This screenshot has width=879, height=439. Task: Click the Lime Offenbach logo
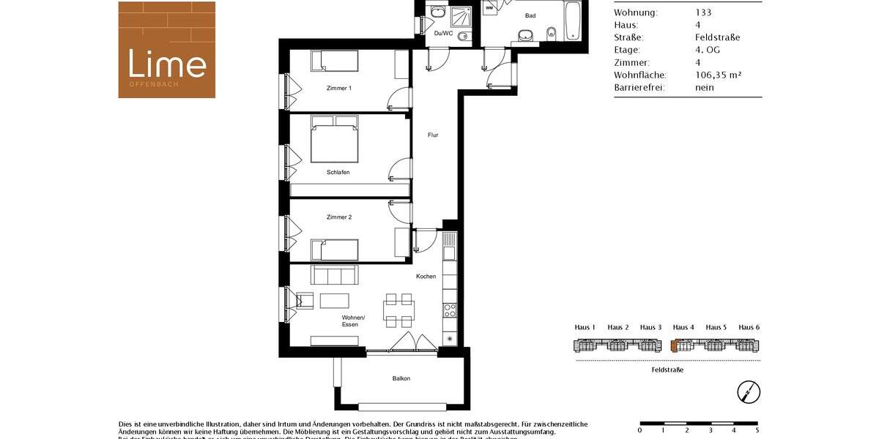pyautogui.click(x=167, y=50)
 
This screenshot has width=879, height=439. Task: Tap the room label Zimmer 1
pyautogui.click(x=339, y=89)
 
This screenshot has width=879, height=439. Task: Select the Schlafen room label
pyautogui.click(x=338, y=172)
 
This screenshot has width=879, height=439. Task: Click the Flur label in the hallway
pyautogui.click(x=434, y=135)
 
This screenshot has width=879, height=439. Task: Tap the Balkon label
pyautogui.click(x=401, y=378)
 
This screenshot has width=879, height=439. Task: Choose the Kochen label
pyautogui.click(x=426, y=277)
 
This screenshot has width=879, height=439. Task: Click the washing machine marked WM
pyautogui.click(x=489, y=8)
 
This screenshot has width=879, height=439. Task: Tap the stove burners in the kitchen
pyautogui.click(x=450, y=310)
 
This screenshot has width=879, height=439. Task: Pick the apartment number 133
pyautogui.click(x=703, y=12)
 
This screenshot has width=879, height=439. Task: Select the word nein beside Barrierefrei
pyautogui.click(x=704, y=87)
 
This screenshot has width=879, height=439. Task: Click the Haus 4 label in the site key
pyautogui.click(x=683, y=327)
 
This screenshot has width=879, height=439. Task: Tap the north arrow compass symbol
pyautogui.click(x=749, y=392)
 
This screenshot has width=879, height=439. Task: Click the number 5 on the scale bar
pyautogui.click(x=757, y=430)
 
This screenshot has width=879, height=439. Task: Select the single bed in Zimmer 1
pyautogui.click(x=333, y=61)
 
